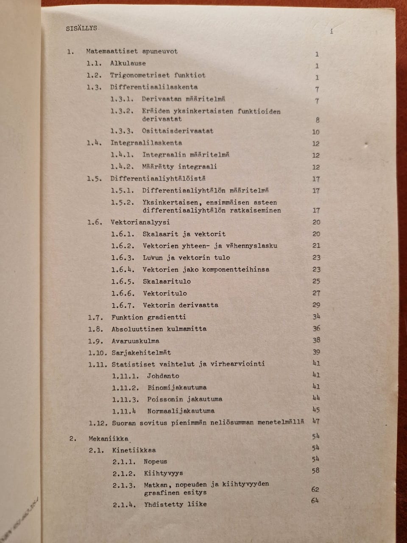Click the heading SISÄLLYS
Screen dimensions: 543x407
point(81,28)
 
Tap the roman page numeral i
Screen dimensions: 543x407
point(331,32)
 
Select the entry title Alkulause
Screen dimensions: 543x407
point(128,64)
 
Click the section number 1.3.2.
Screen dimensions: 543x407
point(122,111)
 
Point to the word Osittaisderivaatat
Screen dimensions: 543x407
point(178,131)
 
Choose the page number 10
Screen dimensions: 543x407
point(316,132)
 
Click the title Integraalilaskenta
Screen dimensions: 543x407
point(146,143)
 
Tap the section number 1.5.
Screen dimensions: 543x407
point(94,179)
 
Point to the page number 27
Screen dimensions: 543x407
point(316,293)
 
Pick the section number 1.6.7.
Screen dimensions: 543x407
point(123,305)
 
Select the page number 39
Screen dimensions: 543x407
point(316,352)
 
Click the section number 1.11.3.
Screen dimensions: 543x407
point(125,399)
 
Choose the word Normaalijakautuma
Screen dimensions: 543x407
point(181,411)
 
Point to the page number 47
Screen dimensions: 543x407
point(316,421)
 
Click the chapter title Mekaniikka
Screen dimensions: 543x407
point(109,439)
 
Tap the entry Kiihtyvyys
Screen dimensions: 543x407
point(163,473)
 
